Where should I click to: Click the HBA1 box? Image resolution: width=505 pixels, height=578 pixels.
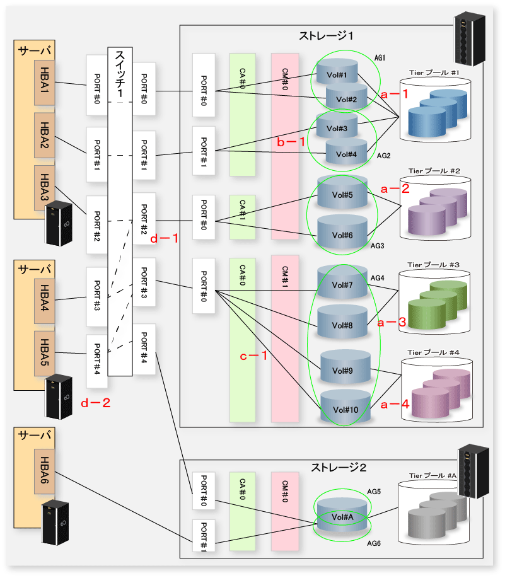point(45,83)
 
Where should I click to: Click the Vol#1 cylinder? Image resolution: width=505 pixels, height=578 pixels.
point(337,71)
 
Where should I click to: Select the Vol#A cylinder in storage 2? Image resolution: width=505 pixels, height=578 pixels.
point(342,514)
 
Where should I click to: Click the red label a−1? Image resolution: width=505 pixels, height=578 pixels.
point(395,94)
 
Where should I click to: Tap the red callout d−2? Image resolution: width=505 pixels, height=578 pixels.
point(95,403)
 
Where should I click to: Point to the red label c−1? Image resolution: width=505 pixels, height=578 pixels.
point(253,355)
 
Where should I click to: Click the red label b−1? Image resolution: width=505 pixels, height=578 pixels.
point(291,142)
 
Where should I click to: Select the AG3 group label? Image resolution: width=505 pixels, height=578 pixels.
point(377,246)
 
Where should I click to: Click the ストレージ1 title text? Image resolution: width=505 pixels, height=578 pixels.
point(326,36)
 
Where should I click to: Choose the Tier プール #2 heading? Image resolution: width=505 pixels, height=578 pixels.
point(434,171)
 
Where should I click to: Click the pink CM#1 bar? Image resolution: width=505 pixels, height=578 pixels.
point(285,338)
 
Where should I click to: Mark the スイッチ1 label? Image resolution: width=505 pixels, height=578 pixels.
point(120,73)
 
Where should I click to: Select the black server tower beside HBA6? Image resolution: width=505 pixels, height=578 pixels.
point(55,522)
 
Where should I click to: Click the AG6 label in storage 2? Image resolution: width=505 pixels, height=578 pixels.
point(374,543)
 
